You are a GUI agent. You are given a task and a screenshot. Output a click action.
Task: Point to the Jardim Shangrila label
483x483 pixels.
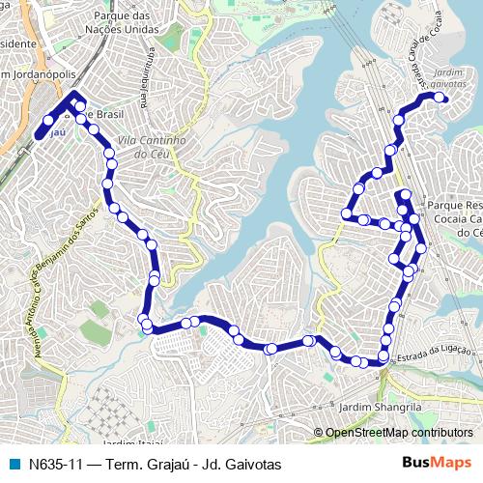[382, 408]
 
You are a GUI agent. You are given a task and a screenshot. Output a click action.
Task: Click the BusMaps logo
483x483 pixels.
[437, 464]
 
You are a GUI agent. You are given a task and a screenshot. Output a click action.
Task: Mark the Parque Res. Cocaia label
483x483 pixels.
[454, 218]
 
